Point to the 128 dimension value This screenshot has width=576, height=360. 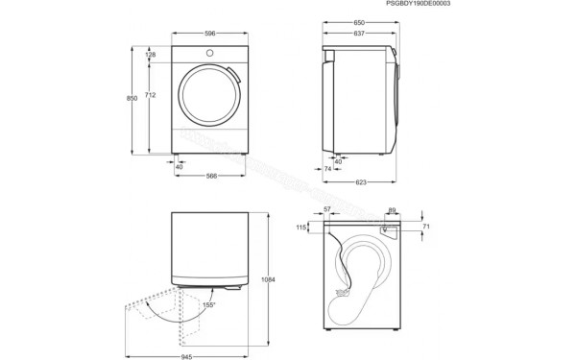[x=150, y=56]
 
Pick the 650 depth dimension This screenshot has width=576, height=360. [x=358, y=21]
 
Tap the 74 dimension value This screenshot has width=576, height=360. [x=327, y=169]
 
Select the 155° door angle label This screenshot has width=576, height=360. [x=206, y=305]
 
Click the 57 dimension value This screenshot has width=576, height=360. [x=327, y=209]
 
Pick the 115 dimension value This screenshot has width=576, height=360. [x=301, y=228]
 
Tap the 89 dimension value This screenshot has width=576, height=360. [x=392, y=209]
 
